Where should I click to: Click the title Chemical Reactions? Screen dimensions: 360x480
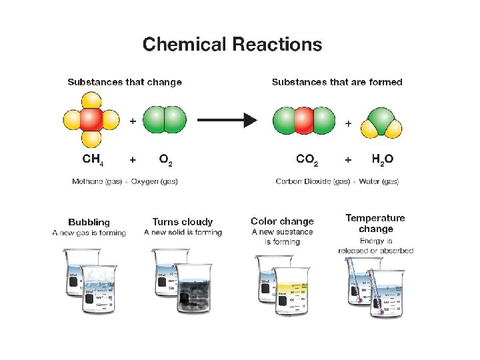click(x=232, y=45)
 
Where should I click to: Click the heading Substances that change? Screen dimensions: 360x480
click(x=124, y=82)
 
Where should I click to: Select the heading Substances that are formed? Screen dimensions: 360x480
click(x=337, y=82)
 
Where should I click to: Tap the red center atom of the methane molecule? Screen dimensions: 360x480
click(x=91, y=121)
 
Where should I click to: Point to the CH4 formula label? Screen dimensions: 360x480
click(x=92, y=160)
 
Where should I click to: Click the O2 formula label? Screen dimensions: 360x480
click(x=166, y=160)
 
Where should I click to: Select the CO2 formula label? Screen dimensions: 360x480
click(x=307, y=160)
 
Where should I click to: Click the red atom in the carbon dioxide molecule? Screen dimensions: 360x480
click(x=304, y=121)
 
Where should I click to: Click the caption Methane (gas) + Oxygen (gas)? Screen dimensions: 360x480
click(x=125, y=181)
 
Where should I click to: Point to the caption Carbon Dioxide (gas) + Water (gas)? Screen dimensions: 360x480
click(x=337, y=181)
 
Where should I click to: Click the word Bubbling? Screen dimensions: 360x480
click(x=89, y=222)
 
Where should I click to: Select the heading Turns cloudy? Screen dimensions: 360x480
click(x=183, y=222)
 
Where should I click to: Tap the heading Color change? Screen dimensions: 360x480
click(x=282, y=221)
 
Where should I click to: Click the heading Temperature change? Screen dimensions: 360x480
click(x=375, y=223)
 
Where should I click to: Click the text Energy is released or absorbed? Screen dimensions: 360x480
click(x=375, y=246)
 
